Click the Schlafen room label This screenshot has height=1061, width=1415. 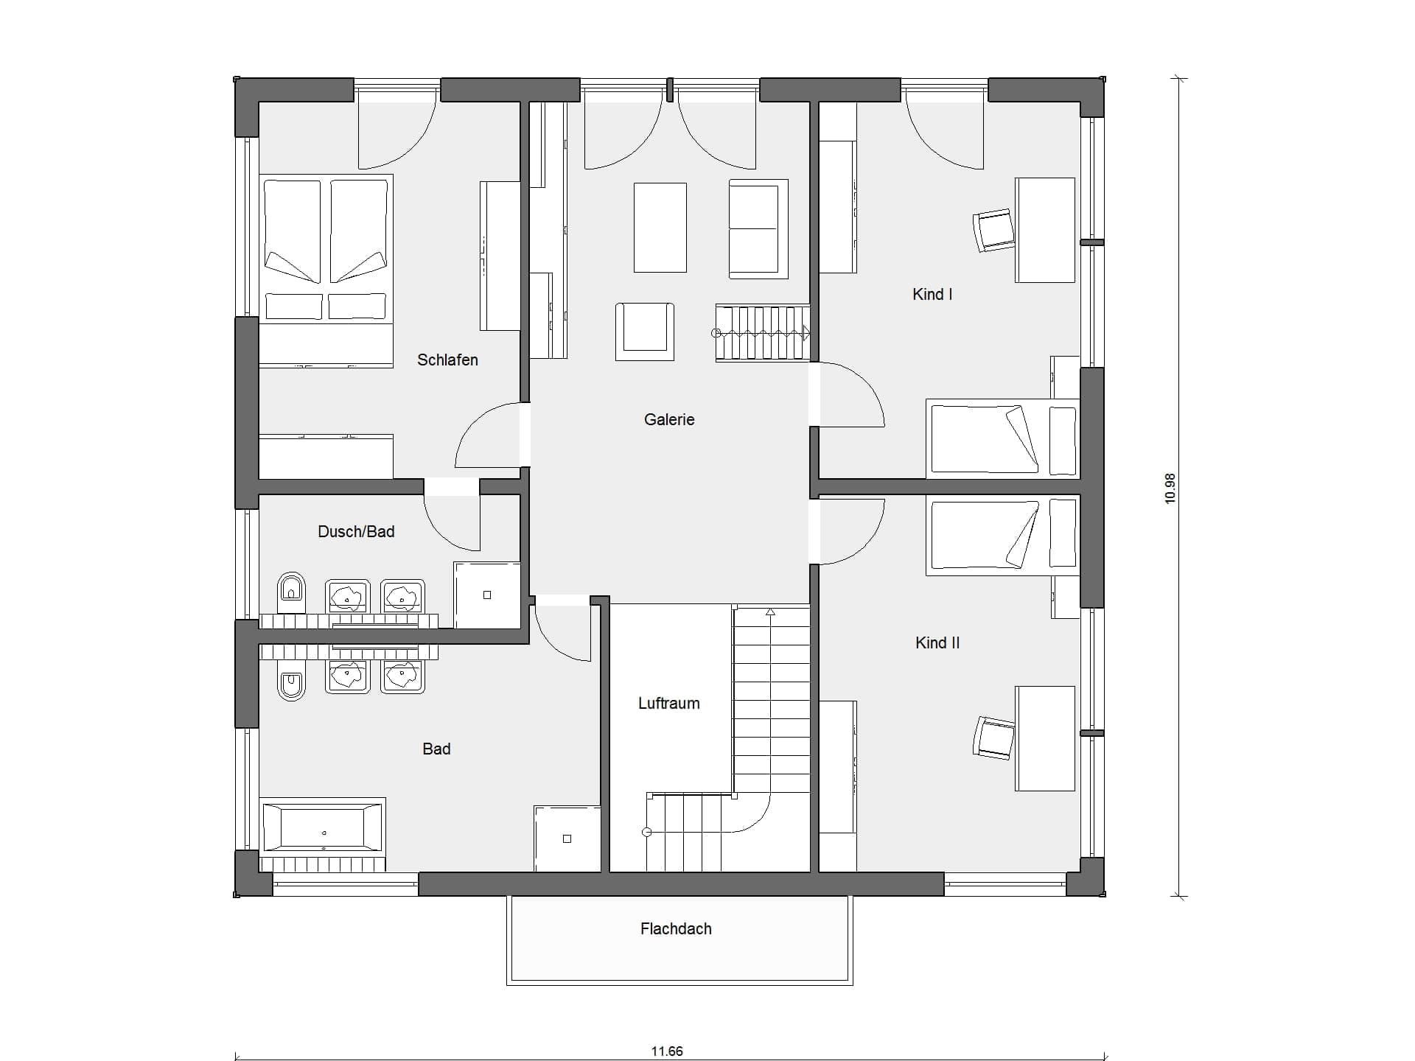tap(447, 360)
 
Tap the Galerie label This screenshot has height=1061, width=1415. tap(669, 419)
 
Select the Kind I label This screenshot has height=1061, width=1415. tap(932, 294)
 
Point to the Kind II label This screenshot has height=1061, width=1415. tap(937, 642)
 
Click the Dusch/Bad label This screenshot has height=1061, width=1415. tap(356, 531)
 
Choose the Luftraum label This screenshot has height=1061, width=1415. tap(669, 703)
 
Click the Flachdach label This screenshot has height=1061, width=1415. tap(676, 928)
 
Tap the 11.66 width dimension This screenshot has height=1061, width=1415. tap(667, 1051)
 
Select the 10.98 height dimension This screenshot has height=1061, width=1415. tap(1170, 488)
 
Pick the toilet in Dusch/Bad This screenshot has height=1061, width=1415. tap(292, 592)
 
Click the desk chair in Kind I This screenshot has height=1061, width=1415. tap(993, 230)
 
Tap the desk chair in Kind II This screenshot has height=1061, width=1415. tap(993, 737)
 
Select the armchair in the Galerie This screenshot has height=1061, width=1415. tap(645, 332)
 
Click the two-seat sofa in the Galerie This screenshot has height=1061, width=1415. tap(758, 229)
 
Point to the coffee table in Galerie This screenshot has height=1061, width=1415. tap(660, 228)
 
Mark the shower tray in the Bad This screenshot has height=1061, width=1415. tap(567, 838)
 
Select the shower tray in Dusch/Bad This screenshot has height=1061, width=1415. tap(486, 595)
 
